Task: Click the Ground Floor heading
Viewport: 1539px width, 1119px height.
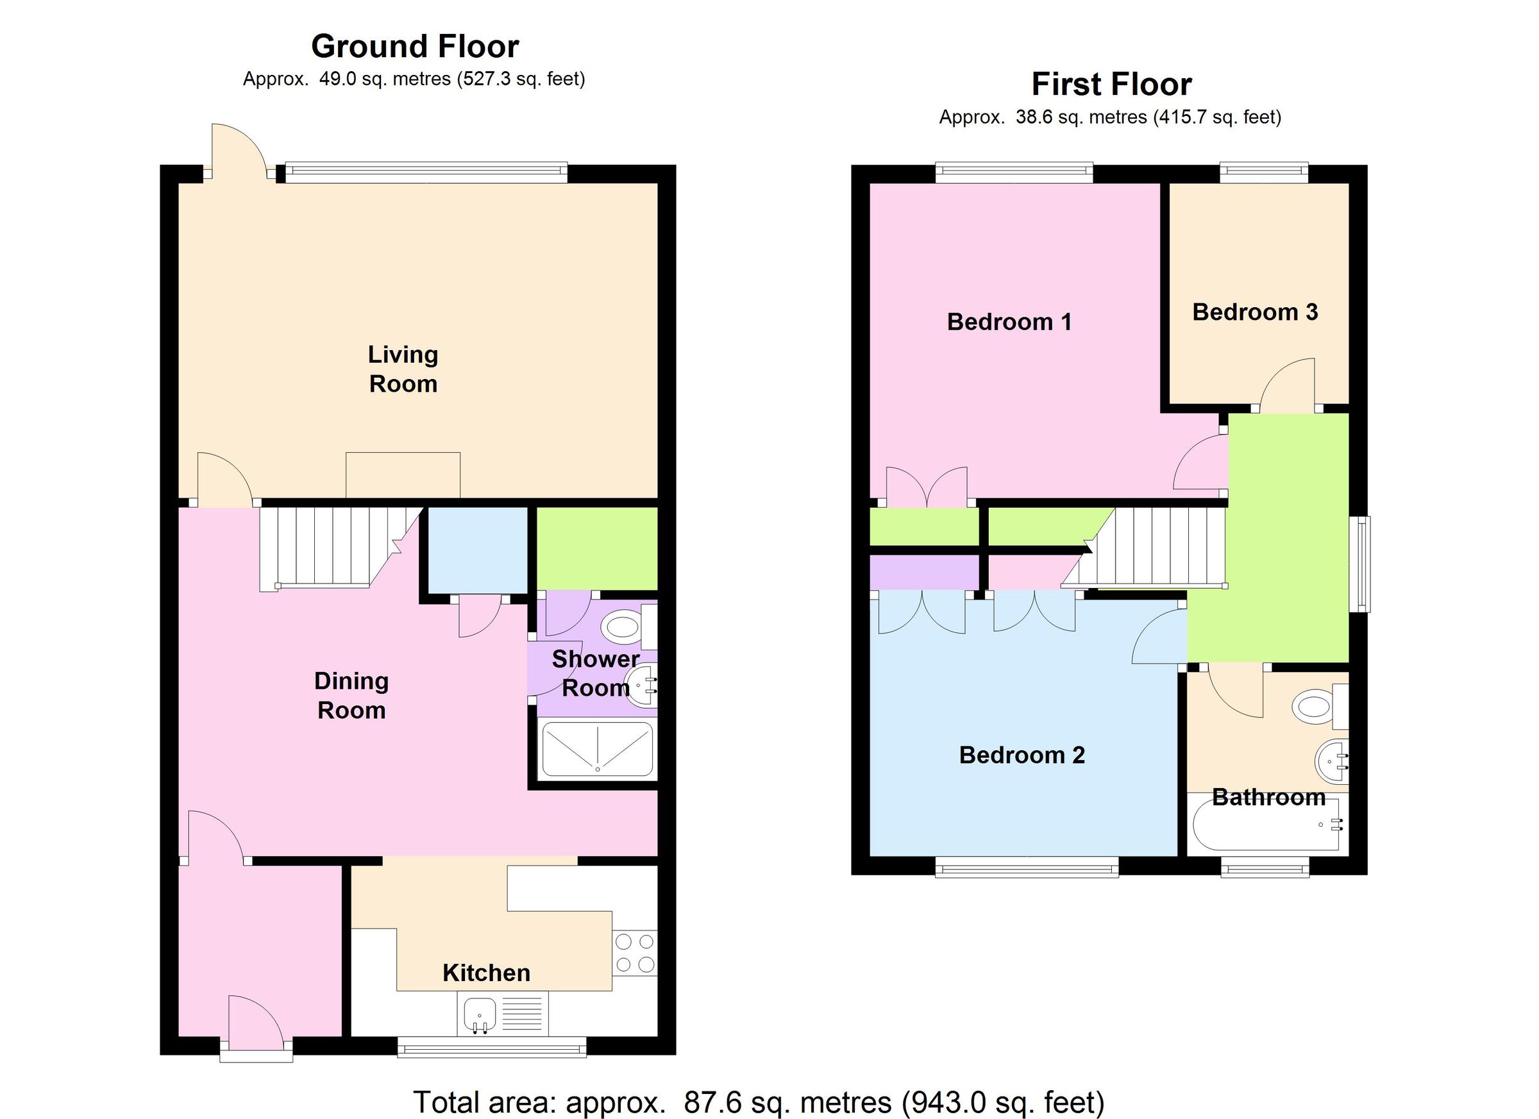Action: tap(415, 47)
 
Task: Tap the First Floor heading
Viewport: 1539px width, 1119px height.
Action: tap(1111, 85)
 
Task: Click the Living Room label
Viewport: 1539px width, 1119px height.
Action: tap(403, 369)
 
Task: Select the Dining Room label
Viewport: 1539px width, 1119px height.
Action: tap(351, 695)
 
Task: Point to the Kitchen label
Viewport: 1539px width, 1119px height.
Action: tap(486, 972)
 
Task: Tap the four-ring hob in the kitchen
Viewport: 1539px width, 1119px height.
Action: tap(634, 953)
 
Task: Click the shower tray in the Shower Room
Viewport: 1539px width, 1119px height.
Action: tap(597, 750)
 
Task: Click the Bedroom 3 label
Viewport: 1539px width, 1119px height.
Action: tap(1255, 312)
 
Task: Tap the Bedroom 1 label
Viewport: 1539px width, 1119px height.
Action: tap(1009, 322)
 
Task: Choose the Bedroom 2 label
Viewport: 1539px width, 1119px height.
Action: tap(1022, 755)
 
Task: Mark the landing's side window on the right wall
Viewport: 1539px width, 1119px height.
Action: tap(1359, 564)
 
